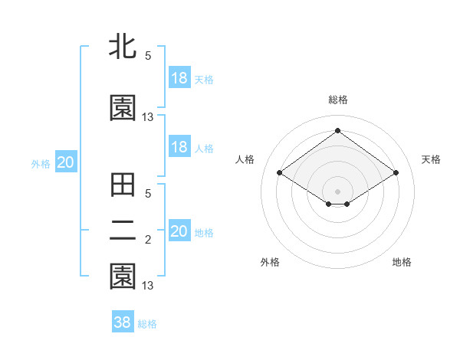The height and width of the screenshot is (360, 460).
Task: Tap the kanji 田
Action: [123, 186]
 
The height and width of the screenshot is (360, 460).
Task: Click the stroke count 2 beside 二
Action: [148, 240]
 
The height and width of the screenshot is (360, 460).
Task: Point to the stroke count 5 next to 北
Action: [148, 55]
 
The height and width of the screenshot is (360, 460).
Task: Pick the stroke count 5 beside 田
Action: [148, 194]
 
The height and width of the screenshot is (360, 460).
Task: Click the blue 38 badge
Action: [123, 322]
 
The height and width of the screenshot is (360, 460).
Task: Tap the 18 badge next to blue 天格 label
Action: [179, 78]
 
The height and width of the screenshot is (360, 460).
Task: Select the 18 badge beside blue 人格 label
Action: [179, 147]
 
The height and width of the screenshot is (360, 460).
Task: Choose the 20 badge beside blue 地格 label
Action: [179, 231]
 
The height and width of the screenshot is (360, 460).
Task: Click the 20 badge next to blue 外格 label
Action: [65, 162]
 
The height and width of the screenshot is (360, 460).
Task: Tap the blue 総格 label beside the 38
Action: [147, 324]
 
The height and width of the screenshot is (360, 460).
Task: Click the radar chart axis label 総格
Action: [337, 100]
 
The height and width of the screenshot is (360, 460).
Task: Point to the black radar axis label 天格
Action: [431, 159]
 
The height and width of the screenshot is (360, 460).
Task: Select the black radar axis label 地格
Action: [402, 263]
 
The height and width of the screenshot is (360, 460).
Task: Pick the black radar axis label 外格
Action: [270, 263]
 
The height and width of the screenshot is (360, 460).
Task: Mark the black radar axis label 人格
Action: [245, 159]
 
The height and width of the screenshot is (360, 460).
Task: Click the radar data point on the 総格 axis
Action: [337, 131]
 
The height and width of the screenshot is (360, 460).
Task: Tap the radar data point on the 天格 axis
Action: [396, 172]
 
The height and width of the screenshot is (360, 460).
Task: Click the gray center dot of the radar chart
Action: [337, 191]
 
